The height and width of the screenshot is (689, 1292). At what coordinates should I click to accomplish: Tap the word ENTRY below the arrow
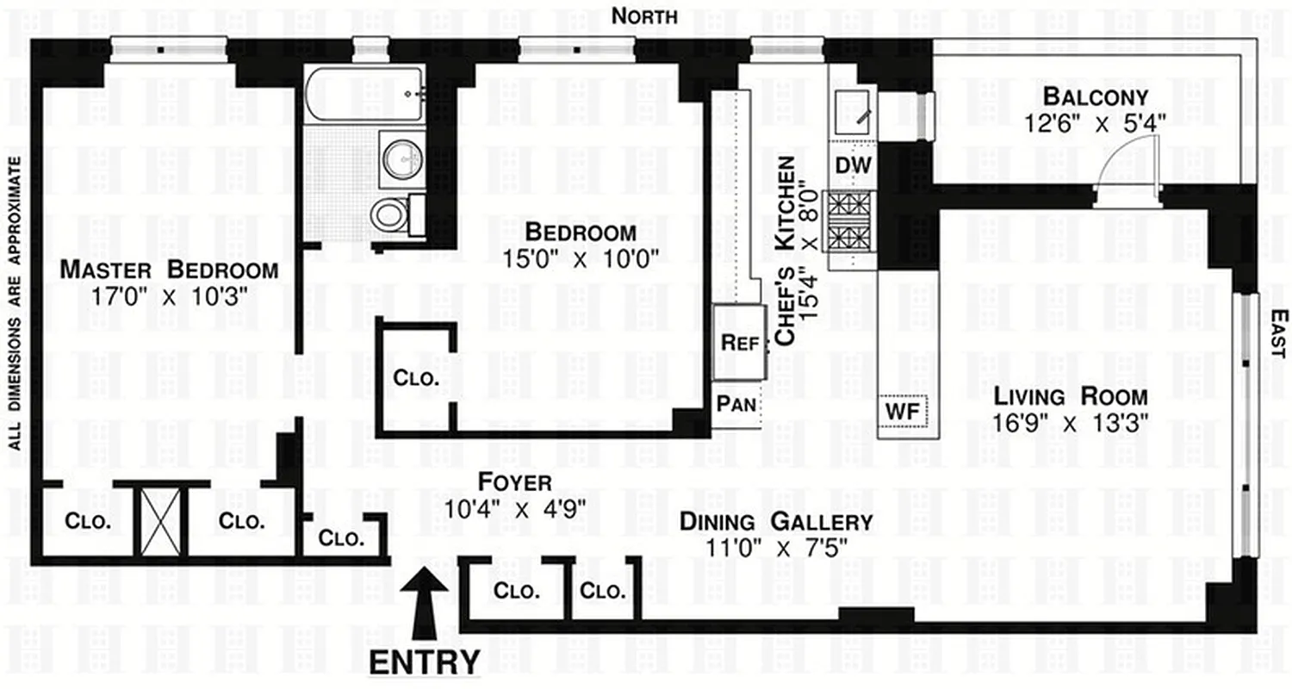tap(425, 662)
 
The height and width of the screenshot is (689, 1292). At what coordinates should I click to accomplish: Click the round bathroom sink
tap(401, 159)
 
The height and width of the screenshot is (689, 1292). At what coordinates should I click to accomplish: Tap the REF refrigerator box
tap(739, 342)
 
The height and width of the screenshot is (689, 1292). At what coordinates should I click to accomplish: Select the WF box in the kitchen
tap(902, 409)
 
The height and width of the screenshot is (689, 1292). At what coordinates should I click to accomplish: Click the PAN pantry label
tap(736, 404)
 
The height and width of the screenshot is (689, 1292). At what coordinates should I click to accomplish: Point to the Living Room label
tap(1071, 397)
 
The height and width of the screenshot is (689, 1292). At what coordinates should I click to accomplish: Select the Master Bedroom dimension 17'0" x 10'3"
tap(169, 295)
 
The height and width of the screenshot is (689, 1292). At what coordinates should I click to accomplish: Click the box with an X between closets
tap(160, 522)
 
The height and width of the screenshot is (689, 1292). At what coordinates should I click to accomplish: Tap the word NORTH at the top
tap(644, 16)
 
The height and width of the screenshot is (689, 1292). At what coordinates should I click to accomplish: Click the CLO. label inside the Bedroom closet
tap(417, 378)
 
